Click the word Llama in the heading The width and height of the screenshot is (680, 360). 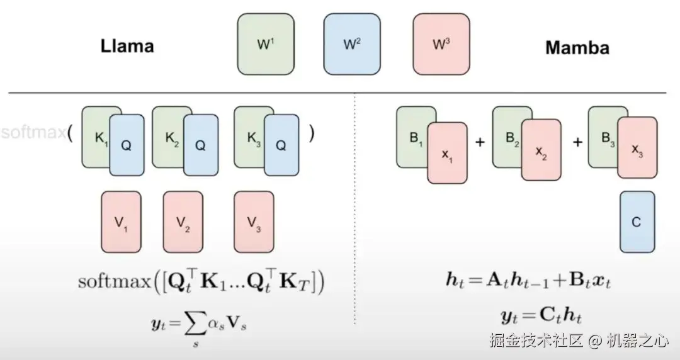(127, 46)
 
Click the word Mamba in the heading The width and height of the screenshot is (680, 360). (577, 47)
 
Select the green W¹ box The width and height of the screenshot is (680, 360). (265, 45)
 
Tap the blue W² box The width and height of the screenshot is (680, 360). (351, 45)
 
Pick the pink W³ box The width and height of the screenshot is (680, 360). (441, 45)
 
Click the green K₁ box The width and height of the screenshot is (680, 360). (95, 136)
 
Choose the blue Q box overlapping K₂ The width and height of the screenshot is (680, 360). (200, 145)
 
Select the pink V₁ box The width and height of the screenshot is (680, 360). (121, 222)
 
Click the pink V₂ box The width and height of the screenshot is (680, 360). (183, 222)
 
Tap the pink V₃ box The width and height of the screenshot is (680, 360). (254, 222)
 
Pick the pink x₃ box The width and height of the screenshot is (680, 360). (637, 147)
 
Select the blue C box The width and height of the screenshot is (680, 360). (637, 222)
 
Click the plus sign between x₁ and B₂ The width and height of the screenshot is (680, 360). (480, 142)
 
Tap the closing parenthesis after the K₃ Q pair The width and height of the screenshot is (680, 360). (311, 134)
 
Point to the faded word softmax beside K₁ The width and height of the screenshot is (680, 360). (31, 133)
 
